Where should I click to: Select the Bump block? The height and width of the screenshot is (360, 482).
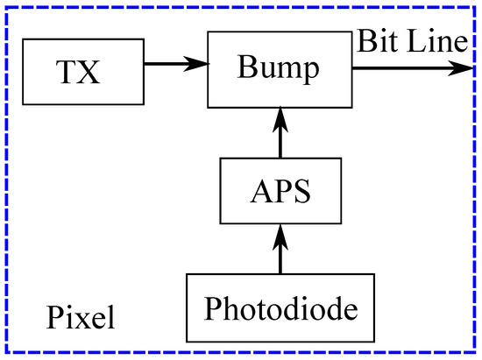coord(280,67)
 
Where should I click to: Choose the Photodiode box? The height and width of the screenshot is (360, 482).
coord(280,307)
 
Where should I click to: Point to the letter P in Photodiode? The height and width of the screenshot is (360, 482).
coord(214,307)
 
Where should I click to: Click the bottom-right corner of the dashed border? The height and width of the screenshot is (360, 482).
coord(478,356)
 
